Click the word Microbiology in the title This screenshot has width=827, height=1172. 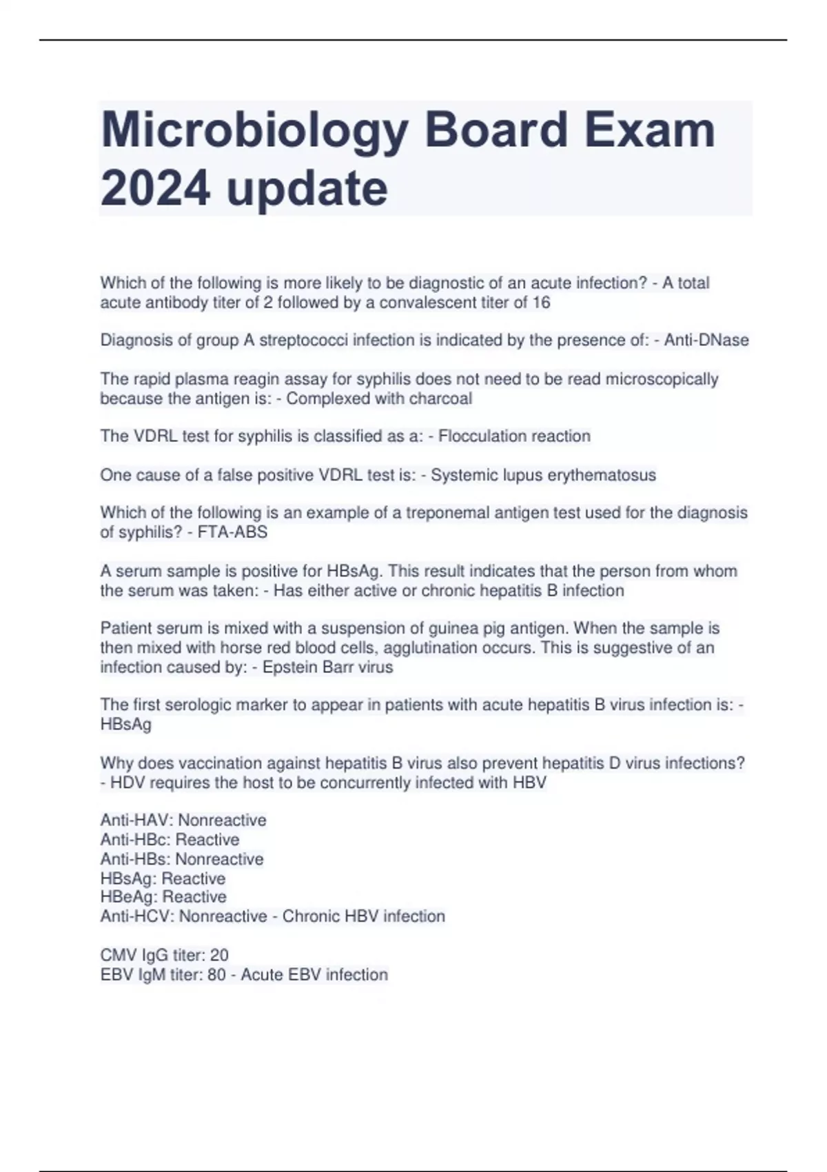pos(255,131)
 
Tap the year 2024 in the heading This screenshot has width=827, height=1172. pos(155,189)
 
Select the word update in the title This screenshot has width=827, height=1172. pos(307,189)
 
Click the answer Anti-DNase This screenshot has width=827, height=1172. pos(706,340)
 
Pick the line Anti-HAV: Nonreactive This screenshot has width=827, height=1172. pos(183,820)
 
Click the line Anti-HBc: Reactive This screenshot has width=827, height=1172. pos(170,840)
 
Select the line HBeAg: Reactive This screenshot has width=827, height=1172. pos(163,897)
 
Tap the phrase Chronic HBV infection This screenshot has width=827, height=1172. pos(364,916)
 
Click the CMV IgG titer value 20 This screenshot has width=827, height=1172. pos(219,955)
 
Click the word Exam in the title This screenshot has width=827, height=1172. pos(650,131)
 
